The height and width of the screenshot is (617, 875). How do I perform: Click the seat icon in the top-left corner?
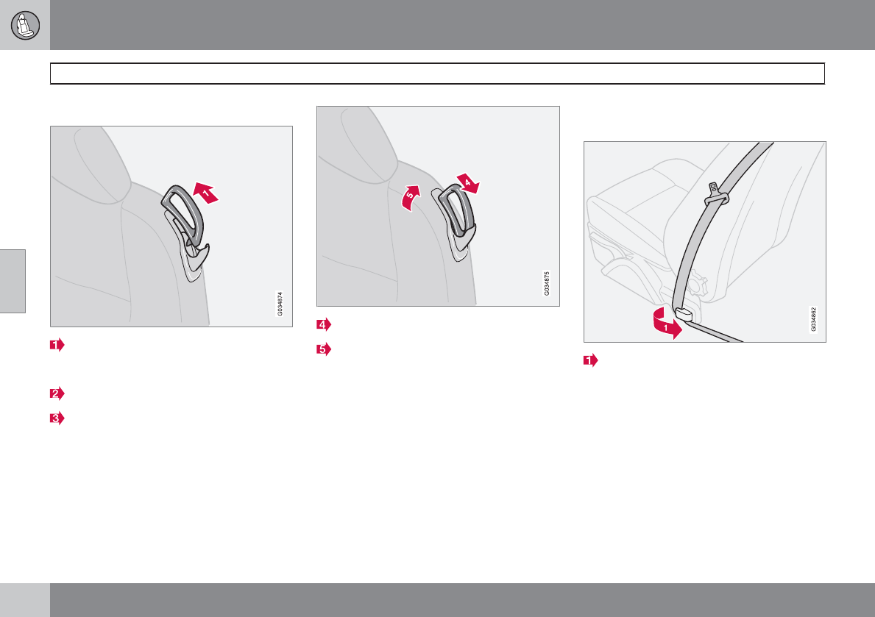(x=25, y=25)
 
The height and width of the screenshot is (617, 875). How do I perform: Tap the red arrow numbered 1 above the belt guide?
(x=205, y=193)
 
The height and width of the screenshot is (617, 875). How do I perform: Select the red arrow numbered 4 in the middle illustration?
(x=468, y=183)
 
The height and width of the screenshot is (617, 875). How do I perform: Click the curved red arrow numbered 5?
(x=411, y=198)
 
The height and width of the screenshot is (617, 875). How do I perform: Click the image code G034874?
(x=280, y=304)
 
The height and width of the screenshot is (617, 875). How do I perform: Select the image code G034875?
(x=547, y=283)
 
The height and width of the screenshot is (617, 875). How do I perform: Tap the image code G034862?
(x=814, y=319)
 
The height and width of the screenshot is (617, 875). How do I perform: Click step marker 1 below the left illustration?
(x=57, y=346)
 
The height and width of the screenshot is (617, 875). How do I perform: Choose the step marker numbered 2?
(x=57, y=394)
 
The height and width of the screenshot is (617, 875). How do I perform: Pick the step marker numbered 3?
(x=57, y=418)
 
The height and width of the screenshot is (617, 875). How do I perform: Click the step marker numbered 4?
(x=324, y=324)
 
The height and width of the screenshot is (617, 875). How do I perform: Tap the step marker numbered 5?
(x=324, y=350)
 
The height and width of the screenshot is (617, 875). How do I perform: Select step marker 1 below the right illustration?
(x=590, y=360)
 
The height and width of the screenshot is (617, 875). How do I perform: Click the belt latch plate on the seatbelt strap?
(x=716, y=193)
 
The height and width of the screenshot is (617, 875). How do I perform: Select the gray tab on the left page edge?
(x=13, y=281)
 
